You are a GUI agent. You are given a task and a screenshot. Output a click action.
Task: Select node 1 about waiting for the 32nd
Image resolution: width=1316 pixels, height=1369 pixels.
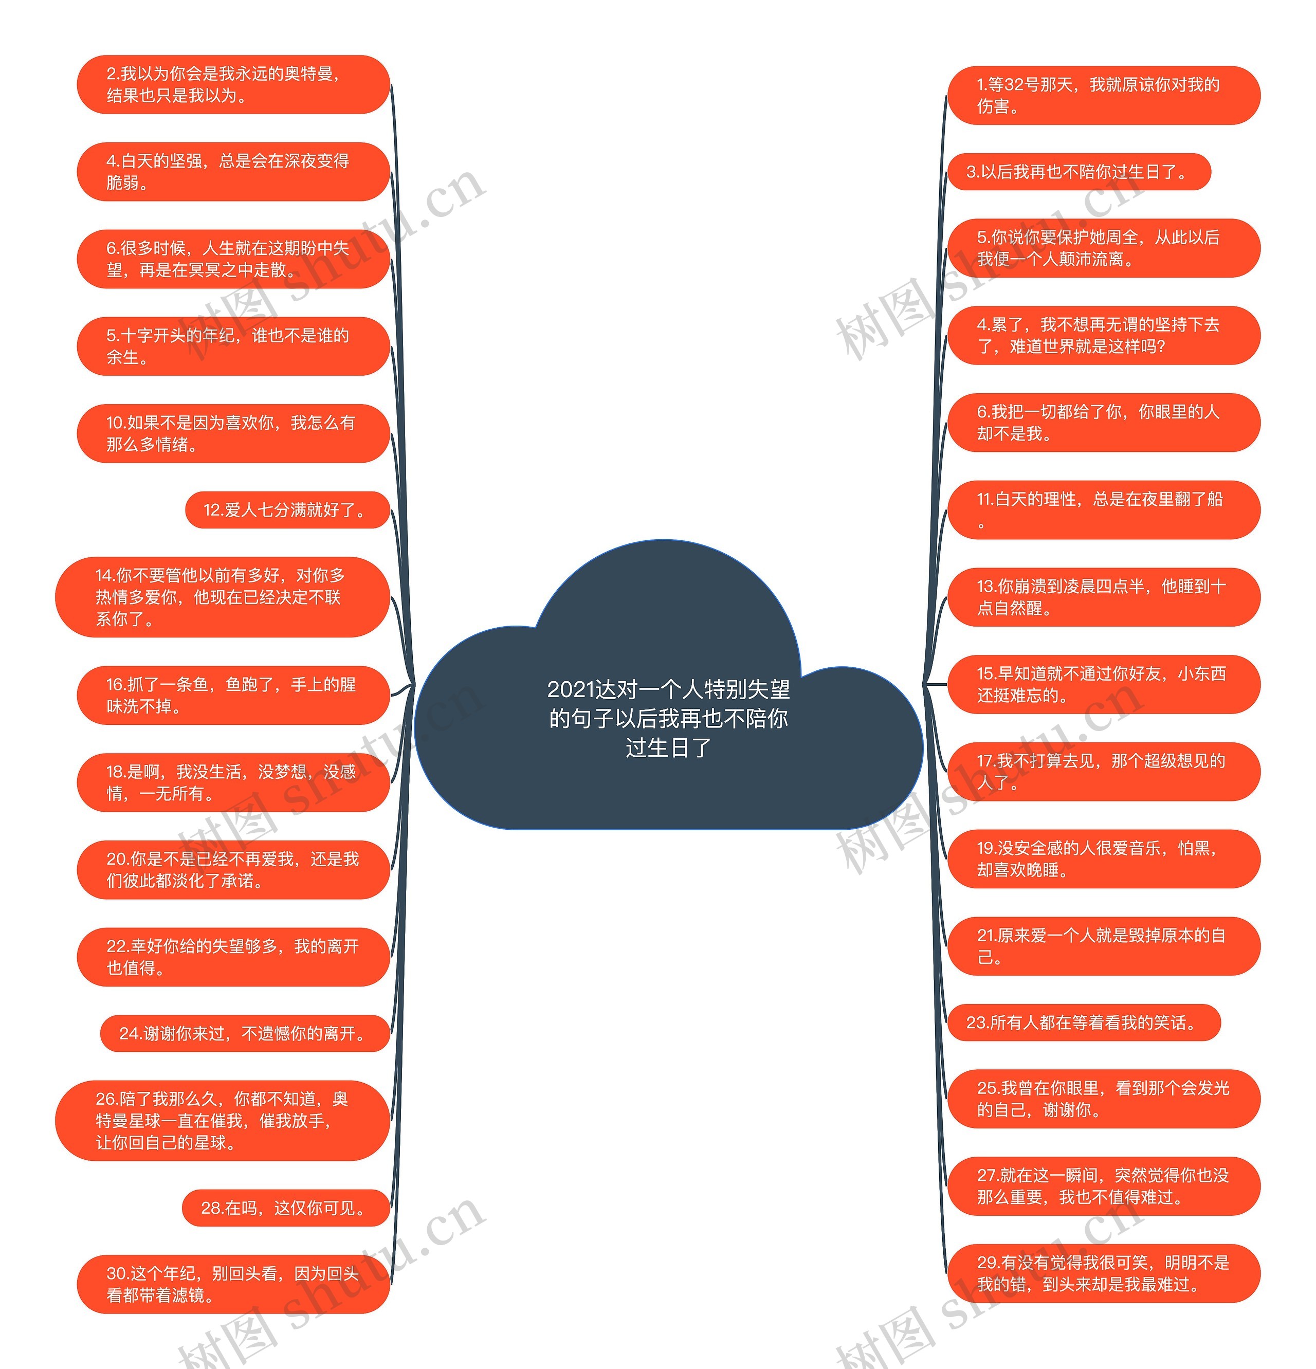pyautogui.click(x=1103, y=96)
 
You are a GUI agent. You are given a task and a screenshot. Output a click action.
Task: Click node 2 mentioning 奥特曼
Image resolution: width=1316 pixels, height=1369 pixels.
pyautogui.click(x=232, y=84)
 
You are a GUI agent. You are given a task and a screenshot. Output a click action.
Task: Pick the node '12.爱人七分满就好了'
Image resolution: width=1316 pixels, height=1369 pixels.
pyautogui.click(x=286, y=510)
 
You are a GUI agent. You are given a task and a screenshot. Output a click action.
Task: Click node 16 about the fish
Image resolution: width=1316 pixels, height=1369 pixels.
pyautogui.click(x=232, y=695)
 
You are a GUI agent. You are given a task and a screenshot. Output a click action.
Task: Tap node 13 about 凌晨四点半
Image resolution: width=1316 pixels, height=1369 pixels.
pyautogui.click(x=1103, y=597)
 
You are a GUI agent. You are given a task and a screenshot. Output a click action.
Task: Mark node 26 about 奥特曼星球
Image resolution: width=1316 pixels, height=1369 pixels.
pyautogui.click(x=222, y=1120)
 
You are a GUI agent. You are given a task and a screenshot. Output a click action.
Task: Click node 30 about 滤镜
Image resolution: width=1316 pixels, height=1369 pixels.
pyautogui.click(x=232, y=1284)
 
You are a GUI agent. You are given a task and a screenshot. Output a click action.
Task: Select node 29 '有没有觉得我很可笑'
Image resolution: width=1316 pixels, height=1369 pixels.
pyautogui.click(x=1103, y=1273)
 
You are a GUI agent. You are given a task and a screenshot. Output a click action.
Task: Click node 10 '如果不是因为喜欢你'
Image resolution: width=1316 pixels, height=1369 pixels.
pyautogui.click(x=232, y=433)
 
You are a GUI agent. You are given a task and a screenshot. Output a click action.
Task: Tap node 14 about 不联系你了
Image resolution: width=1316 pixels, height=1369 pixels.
pyautogui.click(x=222, y=597)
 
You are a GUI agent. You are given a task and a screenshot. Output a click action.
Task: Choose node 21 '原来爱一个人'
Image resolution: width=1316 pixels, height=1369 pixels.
pyautogui.click(x=1103, y=946)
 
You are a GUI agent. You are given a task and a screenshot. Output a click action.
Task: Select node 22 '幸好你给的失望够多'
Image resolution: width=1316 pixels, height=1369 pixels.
pyautogui.click(x=232, y=957)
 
